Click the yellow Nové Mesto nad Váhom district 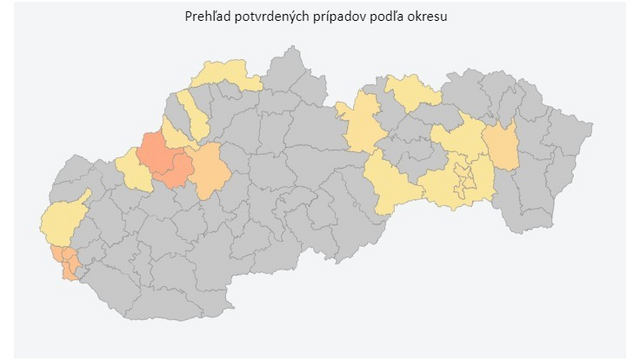pyautogui.click(x=131, y=168)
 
